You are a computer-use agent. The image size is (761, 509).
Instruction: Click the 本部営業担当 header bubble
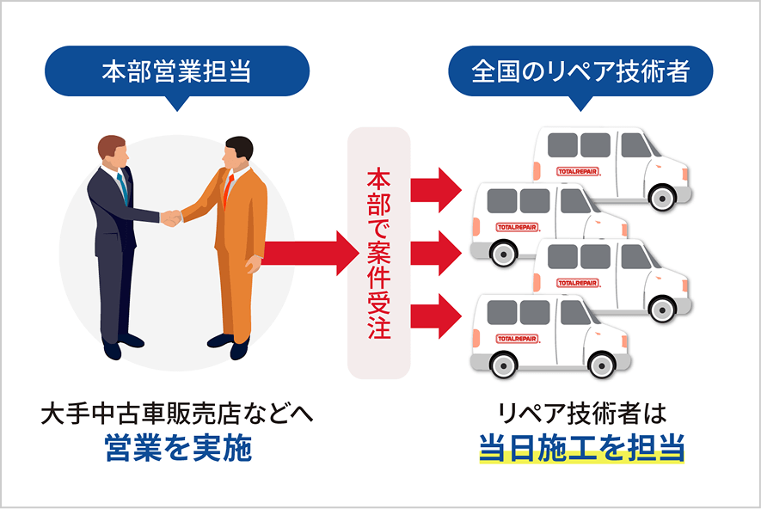pyautogui.click(x=176, y=71)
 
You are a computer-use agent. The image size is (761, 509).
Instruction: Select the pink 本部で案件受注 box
pyautogui.click(x=378, y=254)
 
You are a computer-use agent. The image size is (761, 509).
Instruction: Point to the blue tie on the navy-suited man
pyautogui.click(x=122, y=187)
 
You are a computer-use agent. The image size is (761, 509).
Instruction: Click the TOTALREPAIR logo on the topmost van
pyautogui.click(x=578, y=172)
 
